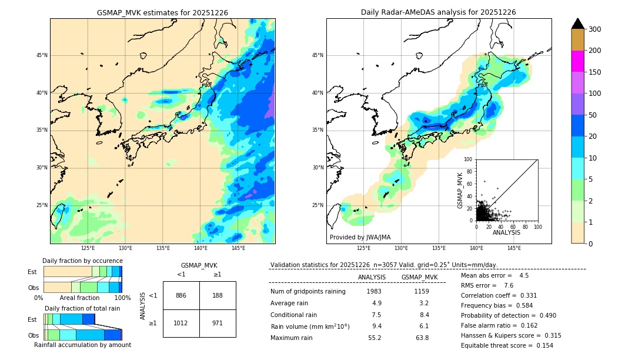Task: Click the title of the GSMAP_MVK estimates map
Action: pyautogui.click(x=162, y=12)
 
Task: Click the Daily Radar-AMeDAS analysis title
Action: pyautogui.click(x=439, y=12)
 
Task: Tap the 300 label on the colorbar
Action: pyautogui.click(x=596, y=29)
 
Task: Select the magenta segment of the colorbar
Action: pyautogui.click(x=577, y=61)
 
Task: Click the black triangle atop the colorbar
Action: pyautogui.click(x=577, y=24)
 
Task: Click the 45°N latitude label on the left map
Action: pyautogui.click(x=42, y=56)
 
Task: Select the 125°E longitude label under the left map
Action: pyautogui.click(x=88, y=248)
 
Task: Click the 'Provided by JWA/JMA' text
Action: pyautogui.click(x=360, y=238)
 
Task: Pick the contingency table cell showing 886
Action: pyautogui.click(x=181, y=295)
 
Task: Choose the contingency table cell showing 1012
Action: pyautogui.click(x=181, y=323)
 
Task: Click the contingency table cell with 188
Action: pyautogui.click(x=218, y=295)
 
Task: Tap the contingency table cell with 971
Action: pyautogui.click(x=218, y=323)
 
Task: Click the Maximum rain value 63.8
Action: pyautogui.click(x=422, y=338)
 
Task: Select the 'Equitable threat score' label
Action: pyautogui.click(x=495, y=345)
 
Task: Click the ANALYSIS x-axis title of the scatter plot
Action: pyautogui.click(x=506, y=232)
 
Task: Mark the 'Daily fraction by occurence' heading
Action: pyautogui.click(x=82, y=261)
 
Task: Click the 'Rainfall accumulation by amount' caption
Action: pyautogui.click(x=82, y=345)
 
